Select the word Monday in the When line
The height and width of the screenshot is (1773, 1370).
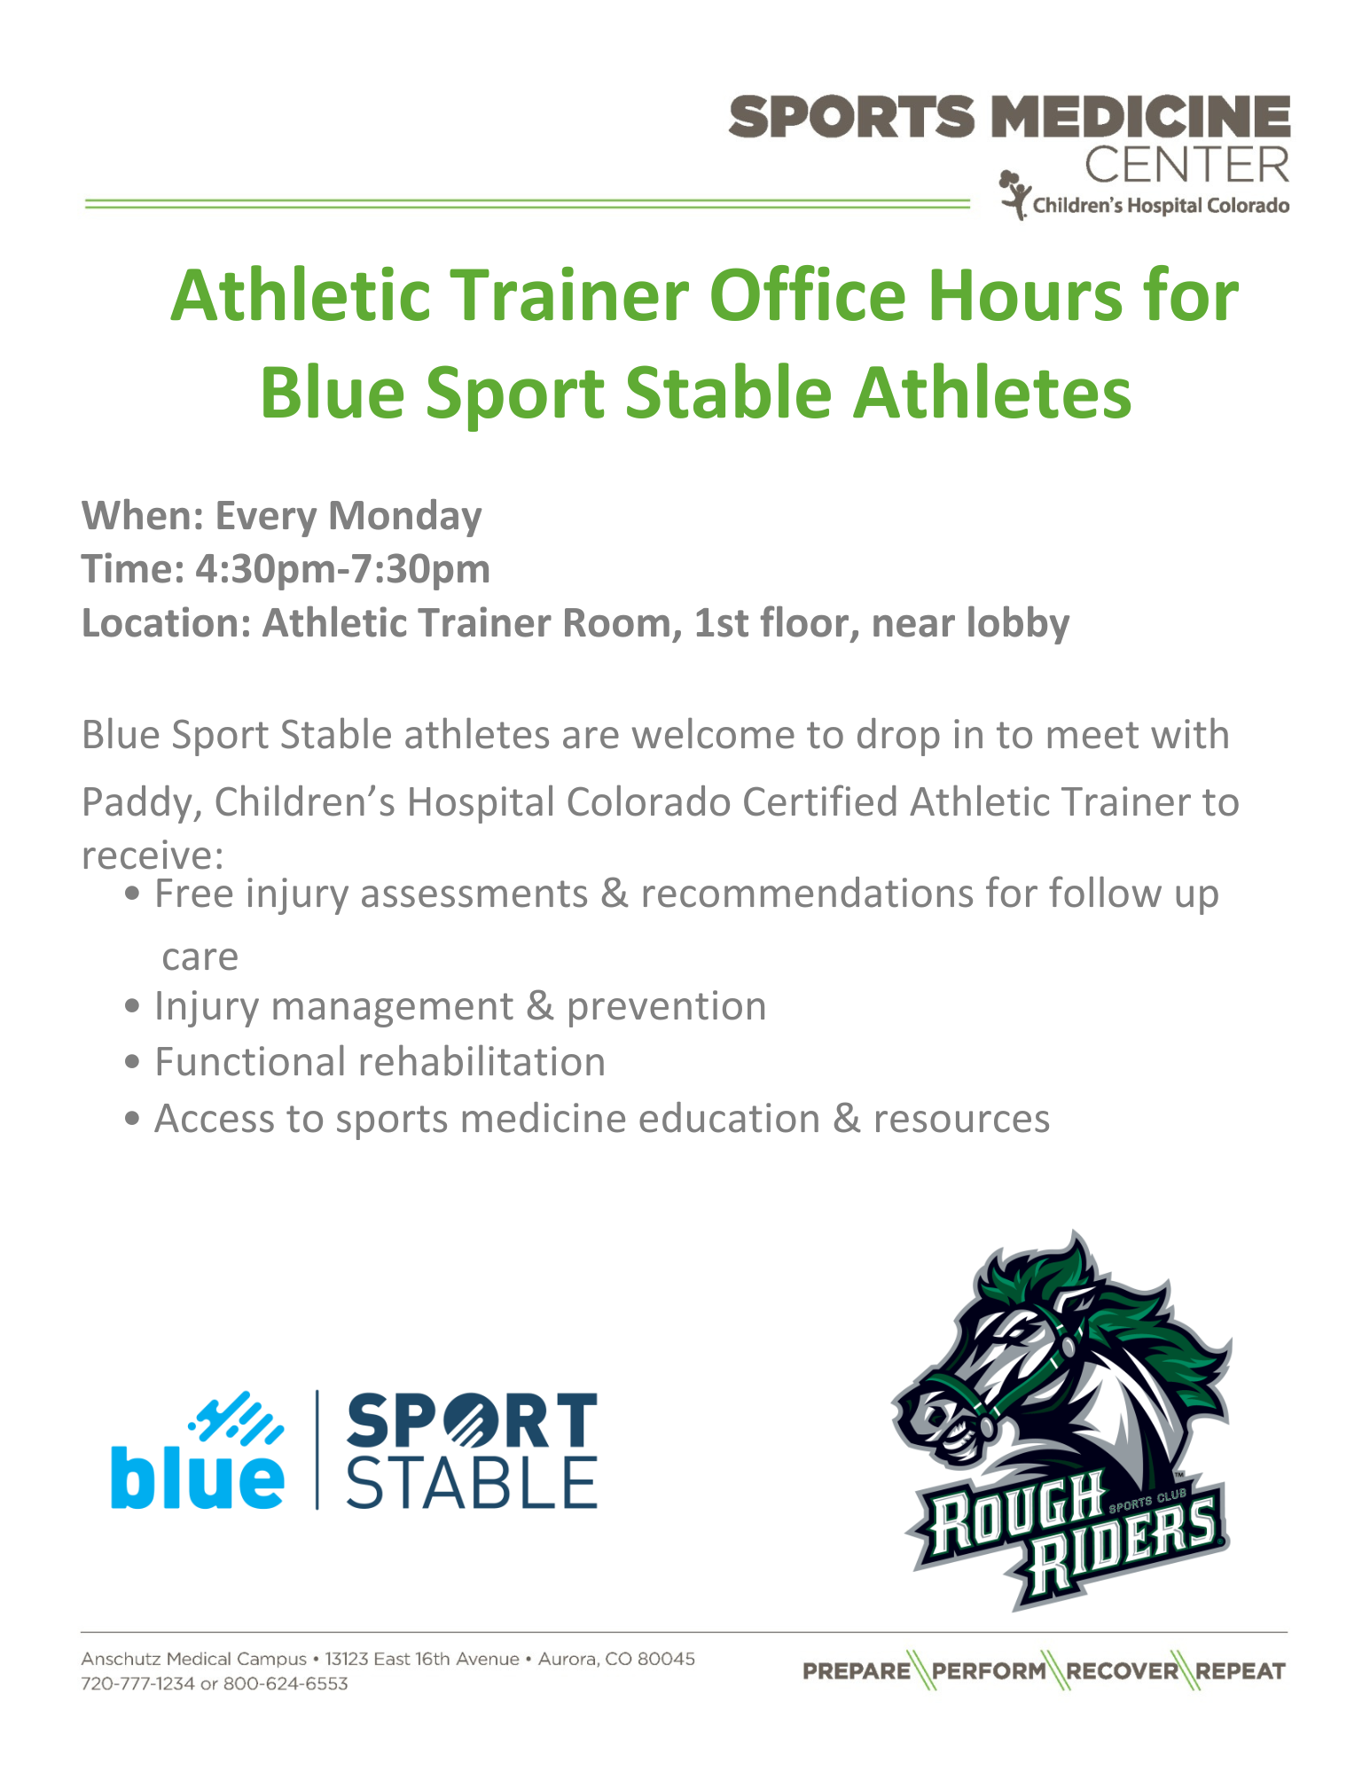[405, 517]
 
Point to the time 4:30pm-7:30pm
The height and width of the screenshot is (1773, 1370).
[342, 569]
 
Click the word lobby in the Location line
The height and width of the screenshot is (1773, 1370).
[1018, 623]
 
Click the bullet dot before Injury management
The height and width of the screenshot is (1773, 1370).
[133, 1007]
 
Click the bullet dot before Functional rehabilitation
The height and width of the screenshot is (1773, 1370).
[133, 1062]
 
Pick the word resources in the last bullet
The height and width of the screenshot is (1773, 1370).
[961, 1120]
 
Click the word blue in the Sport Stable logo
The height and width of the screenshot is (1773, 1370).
[197, 1478]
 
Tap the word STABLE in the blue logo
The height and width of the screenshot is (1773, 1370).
[472, 1482]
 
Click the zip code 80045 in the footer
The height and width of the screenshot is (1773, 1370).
[666, 1659]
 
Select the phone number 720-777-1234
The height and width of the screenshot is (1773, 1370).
[137, 1683]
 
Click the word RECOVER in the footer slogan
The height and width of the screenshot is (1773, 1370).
[1123, 1671]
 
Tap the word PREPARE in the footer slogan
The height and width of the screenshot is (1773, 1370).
[857, 1671]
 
